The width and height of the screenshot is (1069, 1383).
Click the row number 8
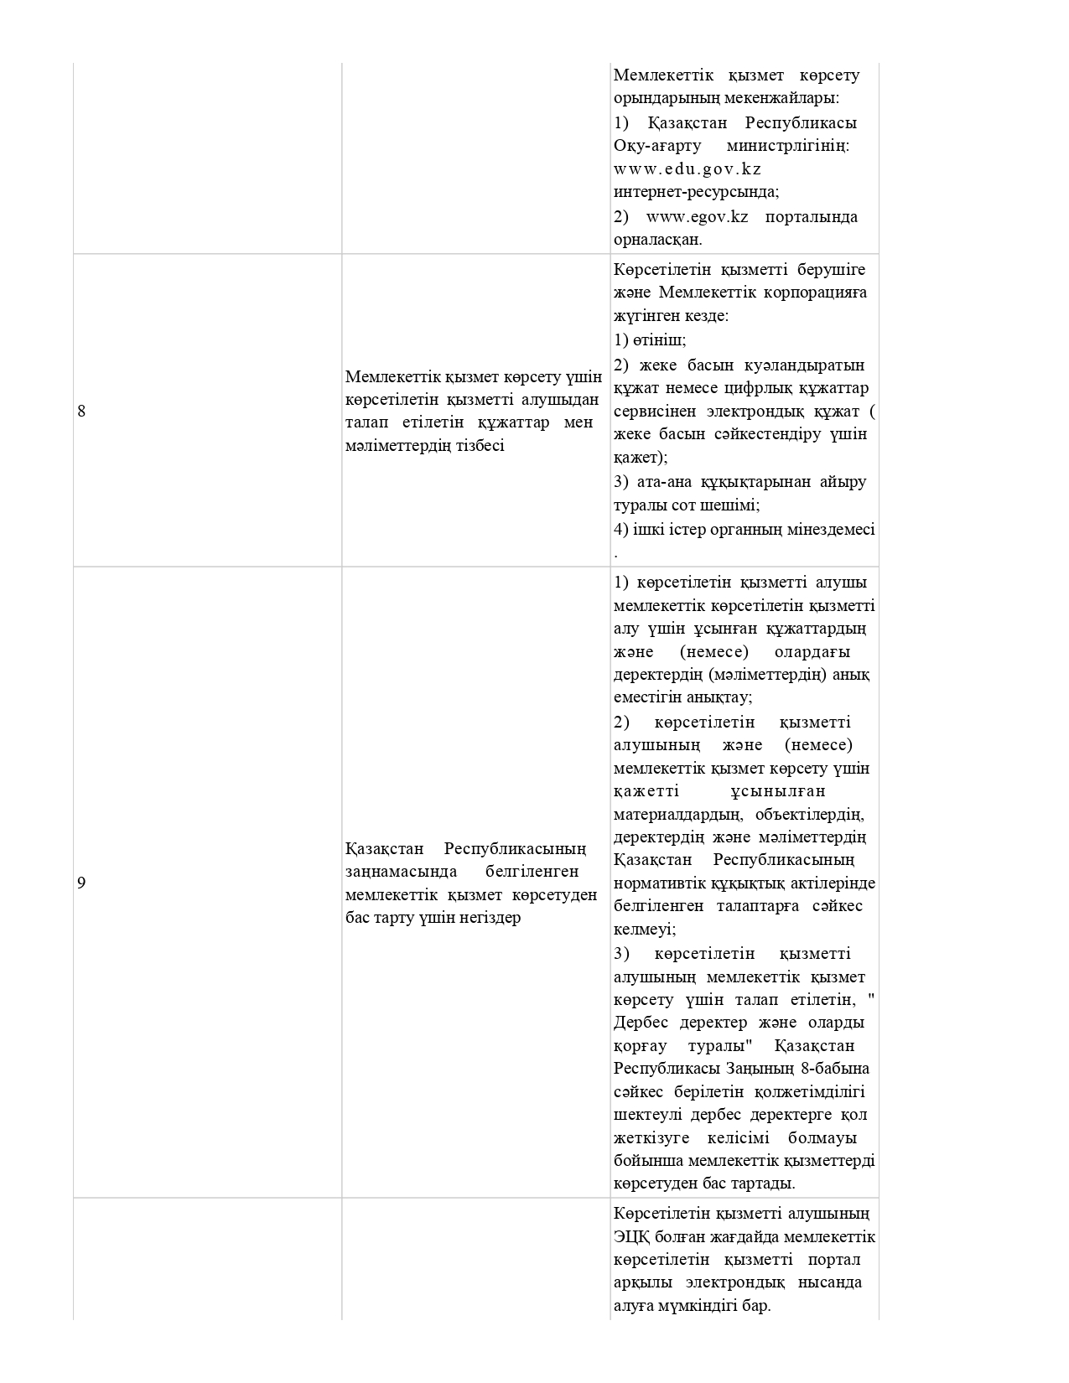click(x=81, y=411)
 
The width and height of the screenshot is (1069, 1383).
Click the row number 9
click(x=81, y=883)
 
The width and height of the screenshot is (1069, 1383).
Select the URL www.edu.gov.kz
click(x=688, y=169)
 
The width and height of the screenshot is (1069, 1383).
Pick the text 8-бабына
click(x=838, y=1069)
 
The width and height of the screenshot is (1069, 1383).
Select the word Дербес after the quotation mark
click(x=642, y=1023)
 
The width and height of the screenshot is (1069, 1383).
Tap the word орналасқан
click(x=657, y=240)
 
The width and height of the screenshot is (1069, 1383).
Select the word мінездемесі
click(x=831, y=530)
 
